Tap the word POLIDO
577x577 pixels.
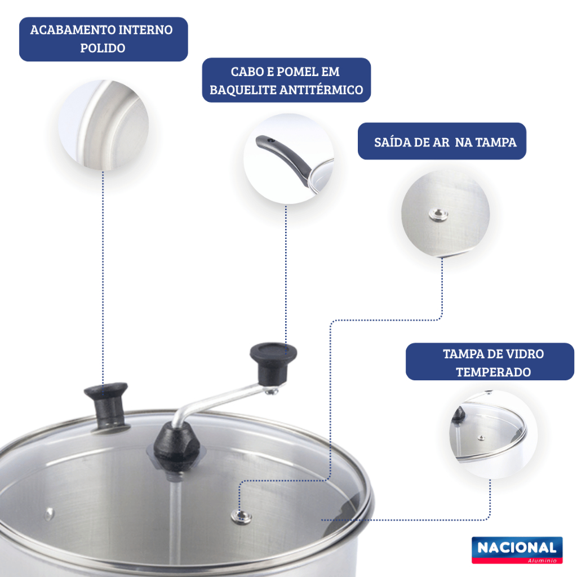(103, 48)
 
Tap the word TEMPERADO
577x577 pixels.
(493, 372)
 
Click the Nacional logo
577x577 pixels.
(517, 550)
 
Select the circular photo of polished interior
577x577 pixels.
(104, 125)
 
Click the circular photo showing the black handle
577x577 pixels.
(289, 158)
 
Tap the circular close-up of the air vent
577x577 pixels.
(445, 214)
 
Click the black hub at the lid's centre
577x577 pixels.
(176, 446)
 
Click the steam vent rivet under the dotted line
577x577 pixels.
(241, 517)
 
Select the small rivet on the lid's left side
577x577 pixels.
(50, 513)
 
